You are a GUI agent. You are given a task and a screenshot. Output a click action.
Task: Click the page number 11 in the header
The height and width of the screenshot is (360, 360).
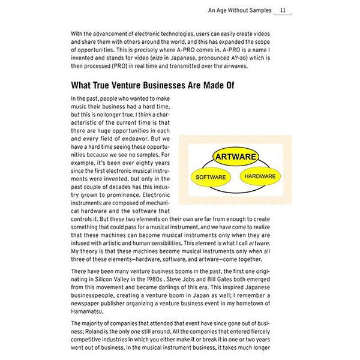tap(283, 10)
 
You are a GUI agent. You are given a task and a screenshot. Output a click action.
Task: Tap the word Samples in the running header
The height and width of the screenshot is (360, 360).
tap(256, 10)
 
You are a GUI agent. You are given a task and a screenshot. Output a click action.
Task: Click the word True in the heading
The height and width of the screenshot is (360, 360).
tap(100, 86)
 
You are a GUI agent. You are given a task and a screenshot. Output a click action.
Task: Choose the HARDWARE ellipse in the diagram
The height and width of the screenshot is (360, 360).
tap(260, 176)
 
